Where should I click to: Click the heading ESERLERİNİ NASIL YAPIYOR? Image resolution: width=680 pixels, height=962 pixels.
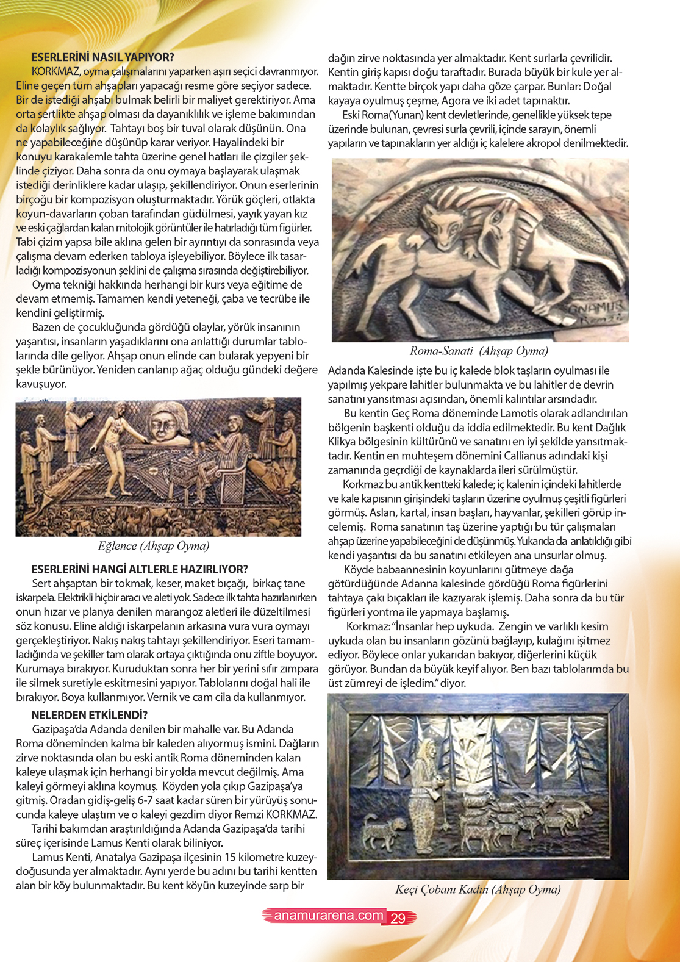102,57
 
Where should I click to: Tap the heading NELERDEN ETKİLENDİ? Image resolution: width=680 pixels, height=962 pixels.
90,715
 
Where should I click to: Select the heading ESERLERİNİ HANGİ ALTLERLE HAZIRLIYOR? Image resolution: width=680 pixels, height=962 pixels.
140,569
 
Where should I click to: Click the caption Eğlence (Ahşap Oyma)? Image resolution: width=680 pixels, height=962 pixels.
154,546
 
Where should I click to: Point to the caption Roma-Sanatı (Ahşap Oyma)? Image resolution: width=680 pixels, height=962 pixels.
479,351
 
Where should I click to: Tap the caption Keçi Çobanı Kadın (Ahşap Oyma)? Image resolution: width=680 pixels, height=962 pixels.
478,889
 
